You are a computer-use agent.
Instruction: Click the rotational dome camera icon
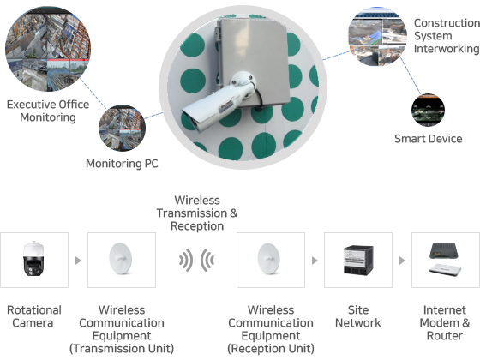pos(34,259)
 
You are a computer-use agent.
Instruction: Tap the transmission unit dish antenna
pos(121,258)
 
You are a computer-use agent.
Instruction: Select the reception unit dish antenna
pos(269,258)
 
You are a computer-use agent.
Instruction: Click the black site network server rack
pos(358,260)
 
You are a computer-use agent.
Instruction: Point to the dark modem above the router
pos(444,250)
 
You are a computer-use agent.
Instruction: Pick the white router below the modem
pos(446,270)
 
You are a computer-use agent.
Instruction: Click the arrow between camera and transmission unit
pos(78,261)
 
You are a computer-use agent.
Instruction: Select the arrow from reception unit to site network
pos(315,261)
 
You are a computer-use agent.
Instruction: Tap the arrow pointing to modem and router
pos(402,261)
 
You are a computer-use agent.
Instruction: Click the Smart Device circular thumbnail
pos(428,111)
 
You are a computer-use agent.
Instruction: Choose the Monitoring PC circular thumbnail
pos(122,129)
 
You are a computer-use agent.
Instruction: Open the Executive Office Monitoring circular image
pos(48,49)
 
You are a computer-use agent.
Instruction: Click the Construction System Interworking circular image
pos(377,36)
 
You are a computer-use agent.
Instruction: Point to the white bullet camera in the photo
pos(219,102)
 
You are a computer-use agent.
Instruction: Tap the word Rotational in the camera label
pos(34,309)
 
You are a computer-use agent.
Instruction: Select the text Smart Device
pos(429,139)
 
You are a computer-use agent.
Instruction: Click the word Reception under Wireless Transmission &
pos(197,226)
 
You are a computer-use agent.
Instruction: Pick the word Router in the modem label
pos(445,335)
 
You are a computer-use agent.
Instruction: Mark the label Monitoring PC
pos(122,164)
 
